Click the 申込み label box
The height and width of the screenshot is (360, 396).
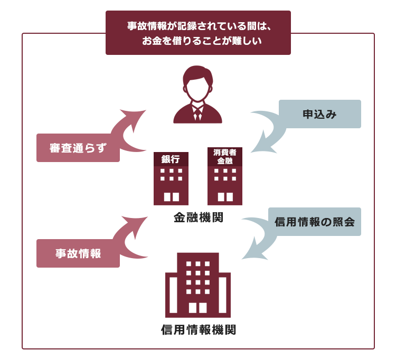coord(320,114)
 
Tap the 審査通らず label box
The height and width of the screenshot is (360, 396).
coord(78,148)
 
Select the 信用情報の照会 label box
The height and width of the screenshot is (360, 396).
coord(315,222)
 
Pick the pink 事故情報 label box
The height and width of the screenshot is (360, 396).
coord(78,253)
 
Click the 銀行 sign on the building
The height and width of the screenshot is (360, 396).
coord(171,159)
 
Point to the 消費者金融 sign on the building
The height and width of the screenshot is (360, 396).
coord(225,157)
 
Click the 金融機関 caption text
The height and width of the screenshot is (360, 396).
coord(199,217)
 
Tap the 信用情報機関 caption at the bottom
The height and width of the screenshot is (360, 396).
coord(199,330)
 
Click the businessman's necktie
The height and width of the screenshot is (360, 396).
coord(197,113)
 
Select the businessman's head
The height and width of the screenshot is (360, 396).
coord(197,83)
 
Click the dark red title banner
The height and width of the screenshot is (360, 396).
coord(198,33)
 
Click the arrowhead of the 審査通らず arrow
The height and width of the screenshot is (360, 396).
coord(134,119)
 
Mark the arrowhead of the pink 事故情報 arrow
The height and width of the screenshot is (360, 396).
coord(135,225)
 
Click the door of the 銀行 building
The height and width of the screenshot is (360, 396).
coord(172,197)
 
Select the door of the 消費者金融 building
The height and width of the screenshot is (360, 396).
coord(225,197)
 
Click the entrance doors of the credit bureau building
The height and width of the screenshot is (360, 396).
coord(198,308)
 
